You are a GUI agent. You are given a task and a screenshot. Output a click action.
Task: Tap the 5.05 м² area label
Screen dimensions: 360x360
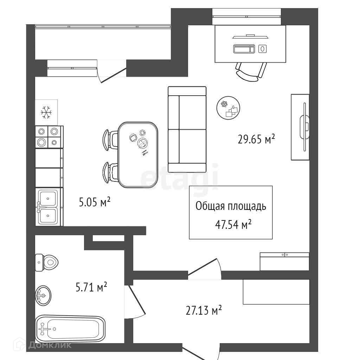coord(95,202)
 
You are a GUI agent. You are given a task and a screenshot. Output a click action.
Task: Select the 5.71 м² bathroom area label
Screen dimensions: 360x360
coord(91,288)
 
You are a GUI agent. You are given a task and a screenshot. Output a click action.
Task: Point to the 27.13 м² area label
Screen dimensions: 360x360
coord(204,310)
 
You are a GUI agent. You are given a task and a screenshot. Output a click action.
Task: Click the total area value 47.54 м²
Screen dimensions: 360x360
coord(233,224)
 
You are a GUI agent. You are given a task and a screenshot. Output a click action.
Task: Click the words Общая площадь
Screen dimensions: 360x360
coord(231,206)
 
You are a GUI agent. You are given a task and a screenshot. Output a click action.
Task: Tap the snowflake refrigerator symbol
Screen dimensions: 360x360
coord(46,112)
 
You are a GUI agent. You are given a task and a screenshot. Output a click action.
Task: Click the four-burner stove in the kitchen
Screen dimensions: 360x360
coord(48,137)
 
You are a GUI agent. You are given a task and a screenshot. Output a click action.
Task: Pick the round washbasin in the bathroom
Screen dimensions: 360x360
coord(43,296)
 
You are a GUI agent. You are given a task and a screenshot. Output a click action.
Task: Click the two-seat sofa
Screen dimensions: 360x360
coord(187,129)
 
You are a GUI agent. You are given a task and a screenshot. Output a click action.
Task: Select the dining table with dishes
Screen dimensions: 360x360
coord(138,154)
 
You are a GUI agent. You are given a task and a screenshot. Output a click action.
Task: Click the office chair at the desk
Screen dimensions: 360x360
coord(251,71)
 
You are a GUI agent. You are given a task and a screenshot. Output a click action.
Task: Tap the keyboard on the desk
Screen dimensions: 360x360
coord(244,49)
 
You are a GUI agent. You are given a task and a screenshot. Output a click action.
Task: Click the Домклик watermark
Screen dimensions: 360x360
coord(50,345)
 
